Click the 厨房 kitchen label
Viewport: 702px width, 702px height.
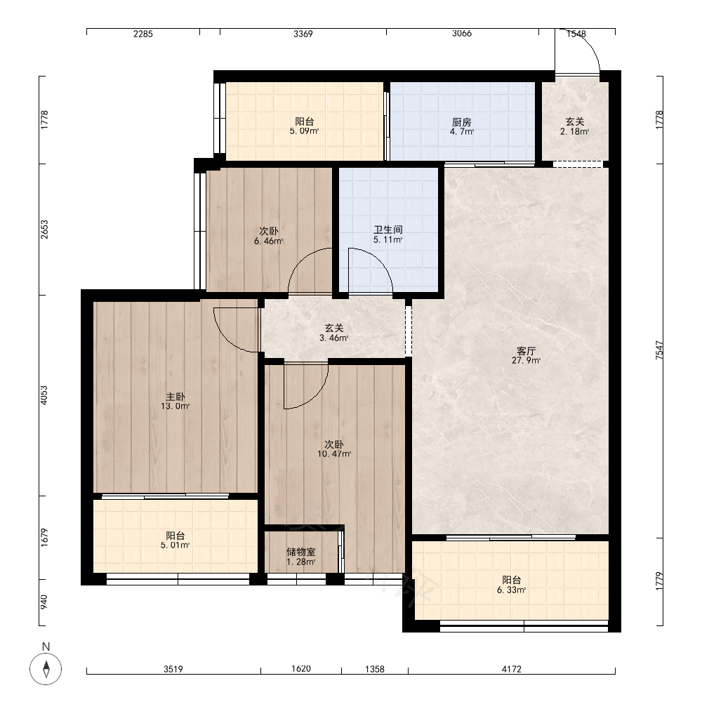(462, 122)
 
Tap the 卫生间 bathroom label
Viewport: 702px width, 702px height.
(388, 230)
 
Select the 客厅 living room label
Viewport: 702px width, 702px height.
(526, 351)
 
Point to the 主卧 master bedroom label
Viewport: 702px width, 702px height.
(175, 397)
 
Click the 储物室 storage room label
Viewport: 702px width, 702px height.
(301, 552)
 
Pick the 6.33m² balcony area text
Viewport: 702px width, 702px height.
(511, 590)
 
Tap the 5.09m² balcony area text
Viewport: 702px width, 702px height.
(304, 131)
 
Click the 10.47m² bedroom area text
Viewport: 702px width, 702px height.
(334, 454)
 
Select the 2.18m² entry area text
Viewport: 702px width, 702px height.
(574, 132)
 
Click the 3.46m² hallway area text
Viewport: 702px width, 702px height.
(333, 338)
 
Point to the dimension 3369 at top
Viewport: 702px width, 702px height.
(303, 34)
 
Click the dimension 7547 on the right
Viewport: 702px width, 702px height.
(659, 350)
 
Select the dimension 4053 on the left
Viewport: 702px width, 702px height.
(44, 395)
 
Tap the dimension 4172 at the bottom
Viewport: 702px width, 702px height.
(511, 669)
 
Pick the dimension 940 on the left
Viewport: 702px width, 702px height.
(44, 602)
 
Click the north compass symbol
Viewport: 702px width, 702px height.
(46, 669)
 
